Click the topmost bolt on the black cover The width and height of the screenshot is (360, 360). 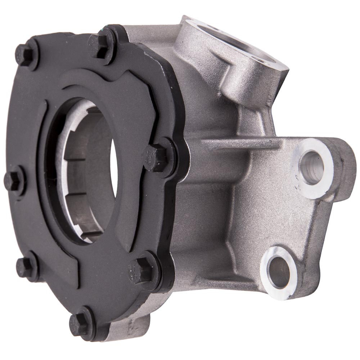102,46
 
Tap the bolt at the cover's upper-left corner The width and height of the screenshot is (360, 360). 26,54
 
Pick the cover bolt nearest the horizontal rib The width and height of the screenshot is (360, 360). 157,157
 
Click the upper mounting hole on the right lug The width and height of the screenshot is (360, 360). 312,167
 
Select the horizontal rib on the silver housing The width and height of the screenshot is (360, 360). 241,144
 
